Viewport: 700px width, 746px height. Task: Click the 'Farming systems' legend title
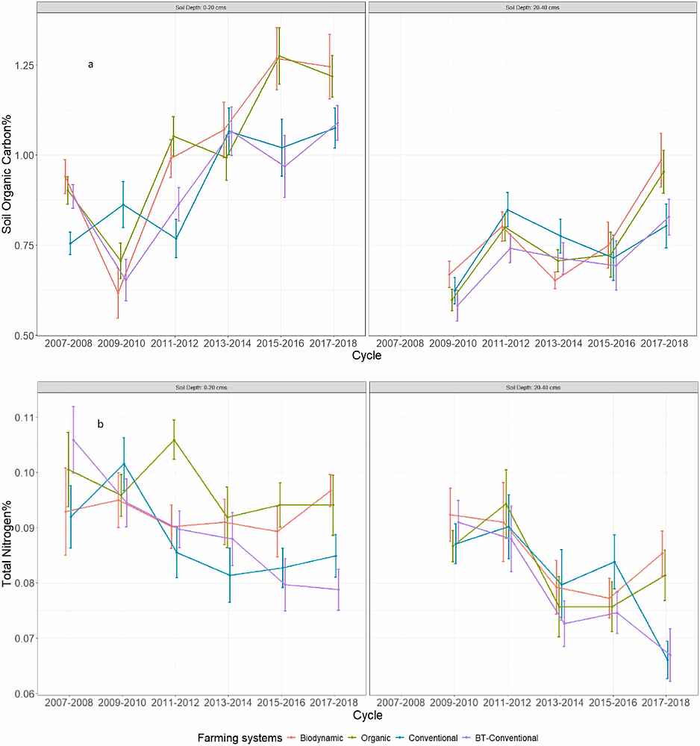click(x=240, y=738)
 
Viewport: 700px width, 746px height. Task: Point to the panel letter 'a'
click(x=90, y=65)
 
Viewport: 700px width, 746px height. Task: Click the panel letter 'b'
click(x=100, y=424)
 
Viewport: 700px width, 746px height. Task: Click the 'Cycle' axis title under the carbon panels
click(x=366, y=357)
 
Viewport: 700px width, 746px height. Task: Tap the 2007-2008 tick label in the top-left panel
click(x=69, y=344)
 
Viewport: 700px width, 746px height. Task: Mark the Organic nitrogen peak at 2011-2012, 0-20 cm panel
click(x=175, y=439)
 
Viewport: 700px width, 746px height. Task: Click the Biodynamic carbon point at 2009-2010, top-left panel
click(x=118, y=294)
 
